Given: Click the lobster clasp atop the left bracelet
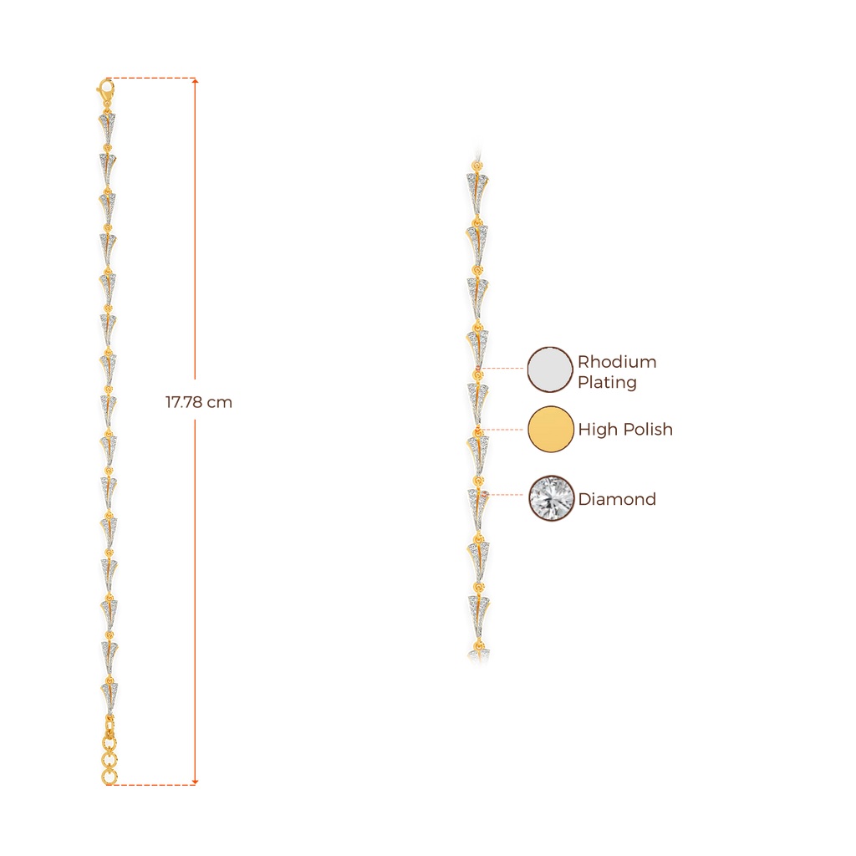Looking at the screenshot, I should (x=106, y=87).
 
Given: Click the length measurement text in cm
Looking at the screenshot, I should (x=199, y=402).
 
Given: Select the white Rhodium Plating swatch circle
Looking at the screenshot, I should (x=549, y=369).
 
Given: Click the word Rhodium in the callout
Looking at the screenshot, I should (x=617, y=362).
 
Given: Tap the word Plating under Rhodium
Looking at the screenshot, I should (x=607, y=383).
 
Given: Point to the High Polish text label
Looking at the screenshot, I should (x=625, y=430).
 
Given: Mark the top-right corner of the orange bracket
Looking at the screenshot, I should (x=196, y=80).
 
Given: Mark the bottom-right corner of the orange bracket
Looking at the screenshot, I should (x=196, y=783).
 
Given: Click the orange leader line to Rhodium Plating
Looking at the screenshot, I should (x=505, y=368).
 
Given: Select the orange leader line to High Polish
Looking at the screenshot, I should (x=505, y=430).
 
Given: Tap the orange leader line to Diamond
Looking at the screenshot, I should (x=507, y=495).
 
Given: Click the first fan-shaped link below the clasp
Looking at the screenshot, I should (x=106, y=125).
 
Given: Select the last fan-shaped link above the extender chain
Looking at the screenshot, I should (x=109, y=694).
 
